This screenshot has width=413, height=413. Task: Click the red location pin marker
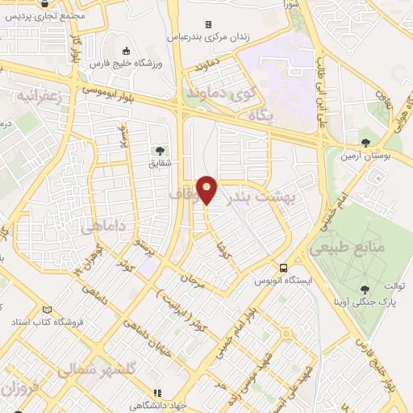click(x=207, y=190)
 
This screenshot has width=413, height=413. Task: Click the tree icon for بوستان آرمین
click(x=366, y=144)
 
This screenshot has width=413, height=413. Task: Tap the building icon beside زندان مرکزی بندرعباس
click(x=208, y=24)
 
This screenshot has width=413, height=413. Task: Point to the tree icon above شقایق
click(x=159, y=149)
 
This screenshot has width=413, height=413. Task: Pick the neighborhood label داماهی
click(x=102, y=229)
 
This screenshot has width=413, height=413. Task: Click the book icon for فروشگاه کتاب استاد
click(x=47, y=311)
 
